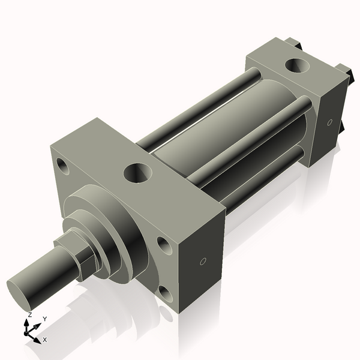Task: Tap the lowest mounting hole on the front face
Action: click(164, 293)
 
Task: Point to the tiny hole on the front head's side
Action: click(203, 262)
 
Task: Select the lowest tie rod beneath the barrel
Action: click(264, 180)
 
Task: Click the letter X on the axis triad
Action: click(45, 339)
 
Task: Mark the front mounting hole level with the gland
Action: click(162, 243)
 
